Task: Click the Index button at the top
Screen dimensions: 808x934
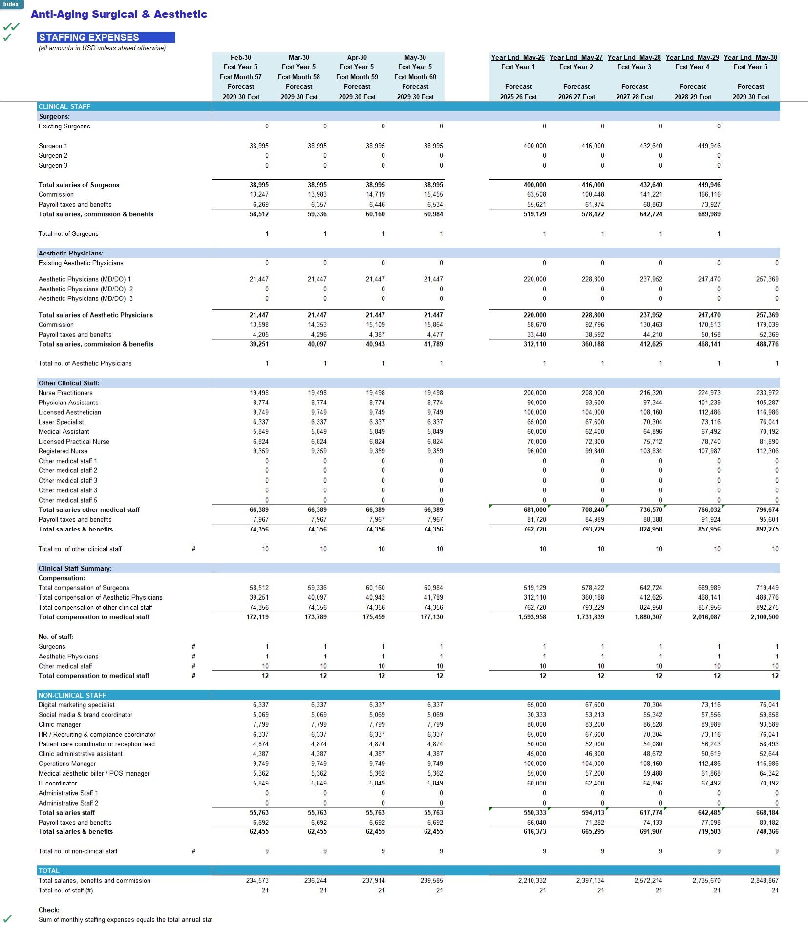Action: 11,4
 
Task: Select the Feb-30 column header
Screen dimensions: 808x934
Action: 241,57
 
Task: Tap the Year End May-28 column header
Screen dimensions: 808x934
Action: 634,57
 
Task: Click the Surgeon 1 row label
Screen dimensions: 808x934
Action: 53,146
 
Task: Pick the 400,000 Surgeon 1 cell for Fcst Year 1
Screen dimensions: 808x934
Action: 534,146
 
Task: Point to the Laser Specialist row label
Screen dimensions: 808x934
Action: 61,422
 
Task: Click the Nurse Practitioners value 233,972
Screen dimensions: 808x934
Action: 767,393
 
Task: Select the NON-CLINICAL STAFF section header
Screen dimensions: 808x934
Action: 72,695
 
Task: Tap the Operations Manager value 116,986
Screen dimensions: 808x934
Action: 767,764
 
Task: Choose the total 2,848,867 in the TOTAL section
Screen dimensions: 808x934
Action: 765,880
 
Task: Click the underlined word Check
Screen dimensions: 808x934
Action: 49,910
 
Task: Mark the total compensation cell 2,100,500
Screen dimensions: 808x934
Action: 765,617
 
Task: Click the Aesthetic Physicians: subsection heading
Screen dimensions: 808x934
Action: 71,253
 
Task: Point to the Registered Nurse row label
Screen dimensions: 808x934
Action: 63,451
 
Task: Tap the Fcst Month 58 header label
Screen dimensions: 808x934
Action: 299,77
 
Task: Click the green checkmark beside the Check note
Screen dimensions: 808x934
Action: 7,919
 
